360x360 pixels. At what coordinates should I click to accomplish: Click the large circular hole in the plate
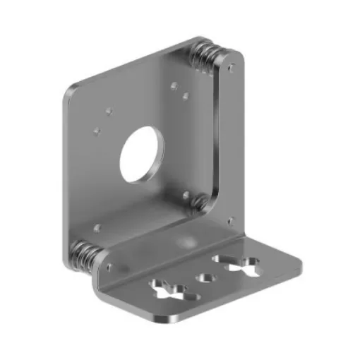(142, 155)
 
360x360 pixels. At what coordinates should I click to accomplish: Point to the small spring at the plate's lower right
(200, 203)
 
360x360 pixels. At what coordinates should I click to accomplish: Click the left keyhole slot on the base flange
(167, 289)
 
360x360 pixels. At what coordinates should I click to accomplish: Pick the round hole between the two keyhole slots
(205, 277)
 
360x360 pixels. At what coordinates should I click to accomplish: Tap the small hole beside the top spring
(231, 68)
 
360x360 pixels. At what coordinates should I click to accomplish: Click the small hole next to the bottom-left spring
(108, 268)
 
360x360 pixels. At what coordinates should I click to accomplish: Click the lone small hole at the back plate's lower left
(97, 227)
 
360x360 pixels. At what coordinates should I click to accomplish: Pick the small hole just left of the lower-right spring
(185, 196)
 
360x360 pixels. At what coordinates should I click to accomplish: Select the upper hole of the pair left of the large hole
(108, 110)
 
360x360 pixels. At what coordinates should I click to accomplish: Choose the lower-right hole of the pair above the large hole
(185, 94)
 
